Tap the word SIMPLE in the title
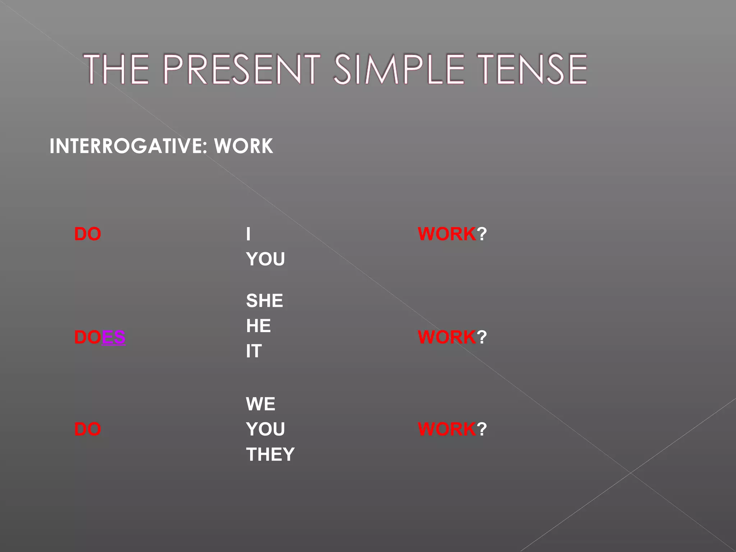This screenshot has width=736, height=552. (x=399, y=69)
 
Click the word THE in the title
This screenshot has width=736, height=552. (x=116, y=69)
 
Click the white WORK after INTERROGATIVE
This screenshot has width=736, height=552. (x=243, y=146)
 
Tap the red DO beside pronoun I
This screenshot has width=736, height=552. (x=87, y=234)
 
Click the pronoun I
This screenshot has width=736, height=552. (x=248, y=234)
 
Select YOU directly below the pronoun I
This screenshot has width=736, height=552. (x=265, y=259)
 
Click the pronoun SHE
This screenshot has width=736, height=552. (x=264, y=301)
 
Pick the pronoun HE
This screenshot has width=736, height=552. (x=258, y=326)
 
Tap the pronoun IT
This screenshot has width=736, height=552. (x=254, y=351)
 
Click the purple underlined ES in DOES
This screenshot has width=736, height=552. (x=114, y=337)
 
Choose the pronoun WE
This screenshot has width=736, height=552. (x=261, y=404)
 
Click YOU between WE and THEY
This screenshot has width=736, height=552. (x=265, y=429)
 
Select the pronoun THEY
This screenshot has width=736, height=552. (x=270, y=454)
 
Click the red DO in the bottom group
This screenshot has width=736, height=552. (x=87, y=429)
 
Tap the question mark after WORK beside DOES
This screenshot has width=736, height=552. (x=482, y=337)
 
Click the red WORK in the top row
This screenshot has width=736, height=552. (x=447, y=234)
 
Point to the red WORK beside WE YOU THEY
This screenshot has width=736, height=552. (x=447, y=429)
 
